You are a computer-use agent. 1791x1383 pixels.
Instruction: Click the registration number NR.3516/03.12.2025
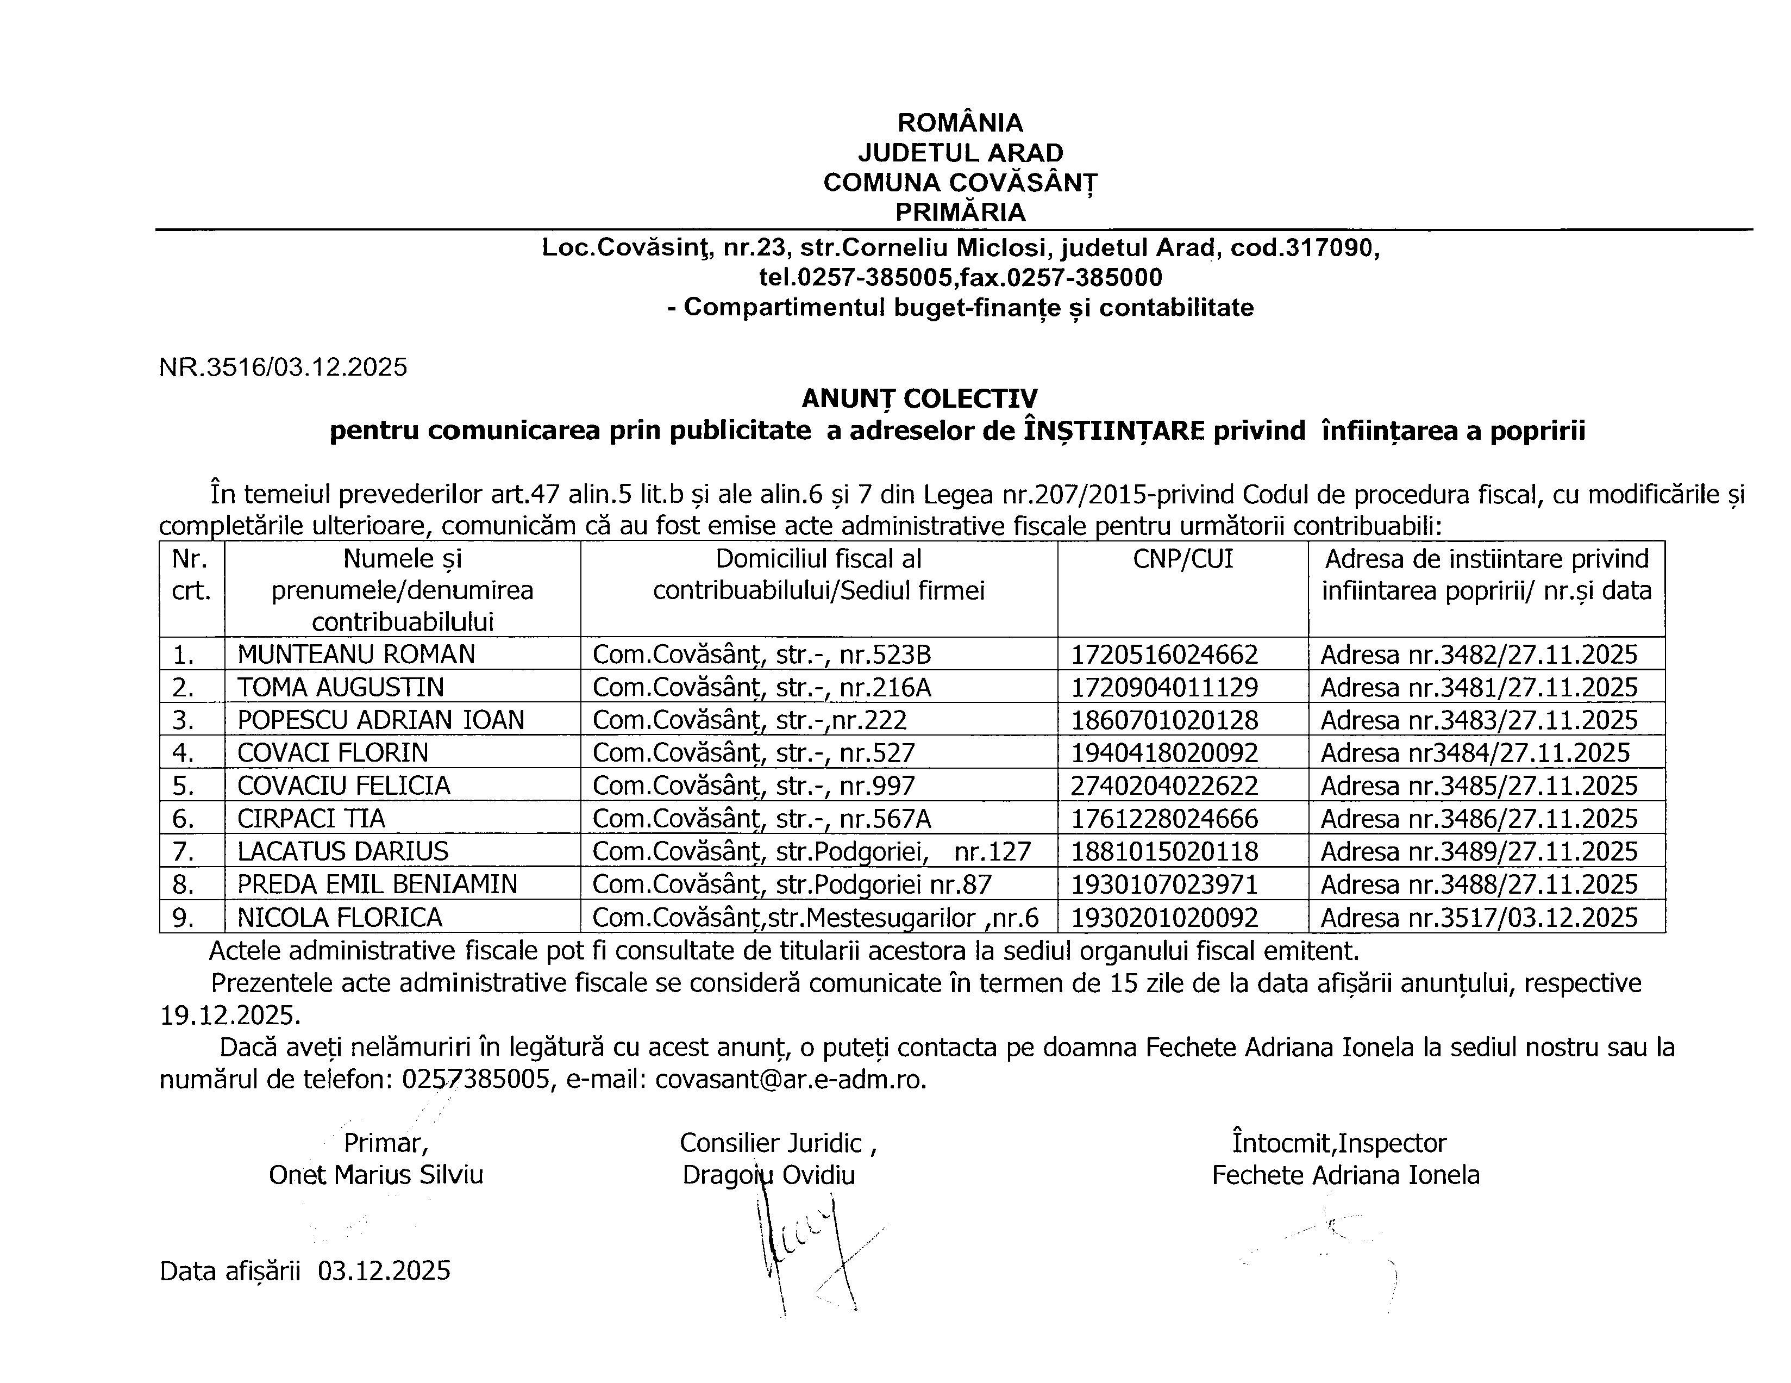(283, 366)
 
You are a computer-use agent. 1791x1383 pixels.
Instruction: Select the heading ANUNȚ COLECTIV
(919, 398)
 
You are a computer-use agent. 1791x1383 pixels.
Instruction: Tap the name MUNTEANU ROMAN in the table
(356, 654)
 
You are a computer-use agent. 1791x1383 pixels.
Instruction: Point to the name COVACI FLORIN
(333, 752)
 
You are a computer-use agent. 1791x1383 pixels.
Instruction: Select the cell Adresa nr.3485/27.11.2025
(1479, 786)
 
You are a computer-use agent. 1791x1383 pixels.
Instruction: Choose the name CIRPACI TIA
(311, 819)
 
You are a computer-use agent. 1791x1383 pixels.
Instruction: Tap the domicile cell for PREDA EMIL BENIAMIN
(792, 884)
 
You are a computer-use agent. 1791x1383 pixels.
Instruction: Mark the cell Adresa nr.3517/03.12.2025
(1479, 917)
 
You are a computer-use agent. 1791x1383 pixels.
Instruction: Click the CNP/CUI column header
(1182, 559)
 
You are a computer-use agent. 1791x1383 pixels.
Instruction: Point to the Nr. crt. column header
(191, 574)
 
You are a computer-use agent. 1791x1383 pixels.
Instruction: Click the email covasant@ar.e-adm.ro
(791, 1080)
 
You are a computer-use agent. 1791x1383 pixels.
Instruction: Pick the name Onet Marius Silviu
(375, 1175)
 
